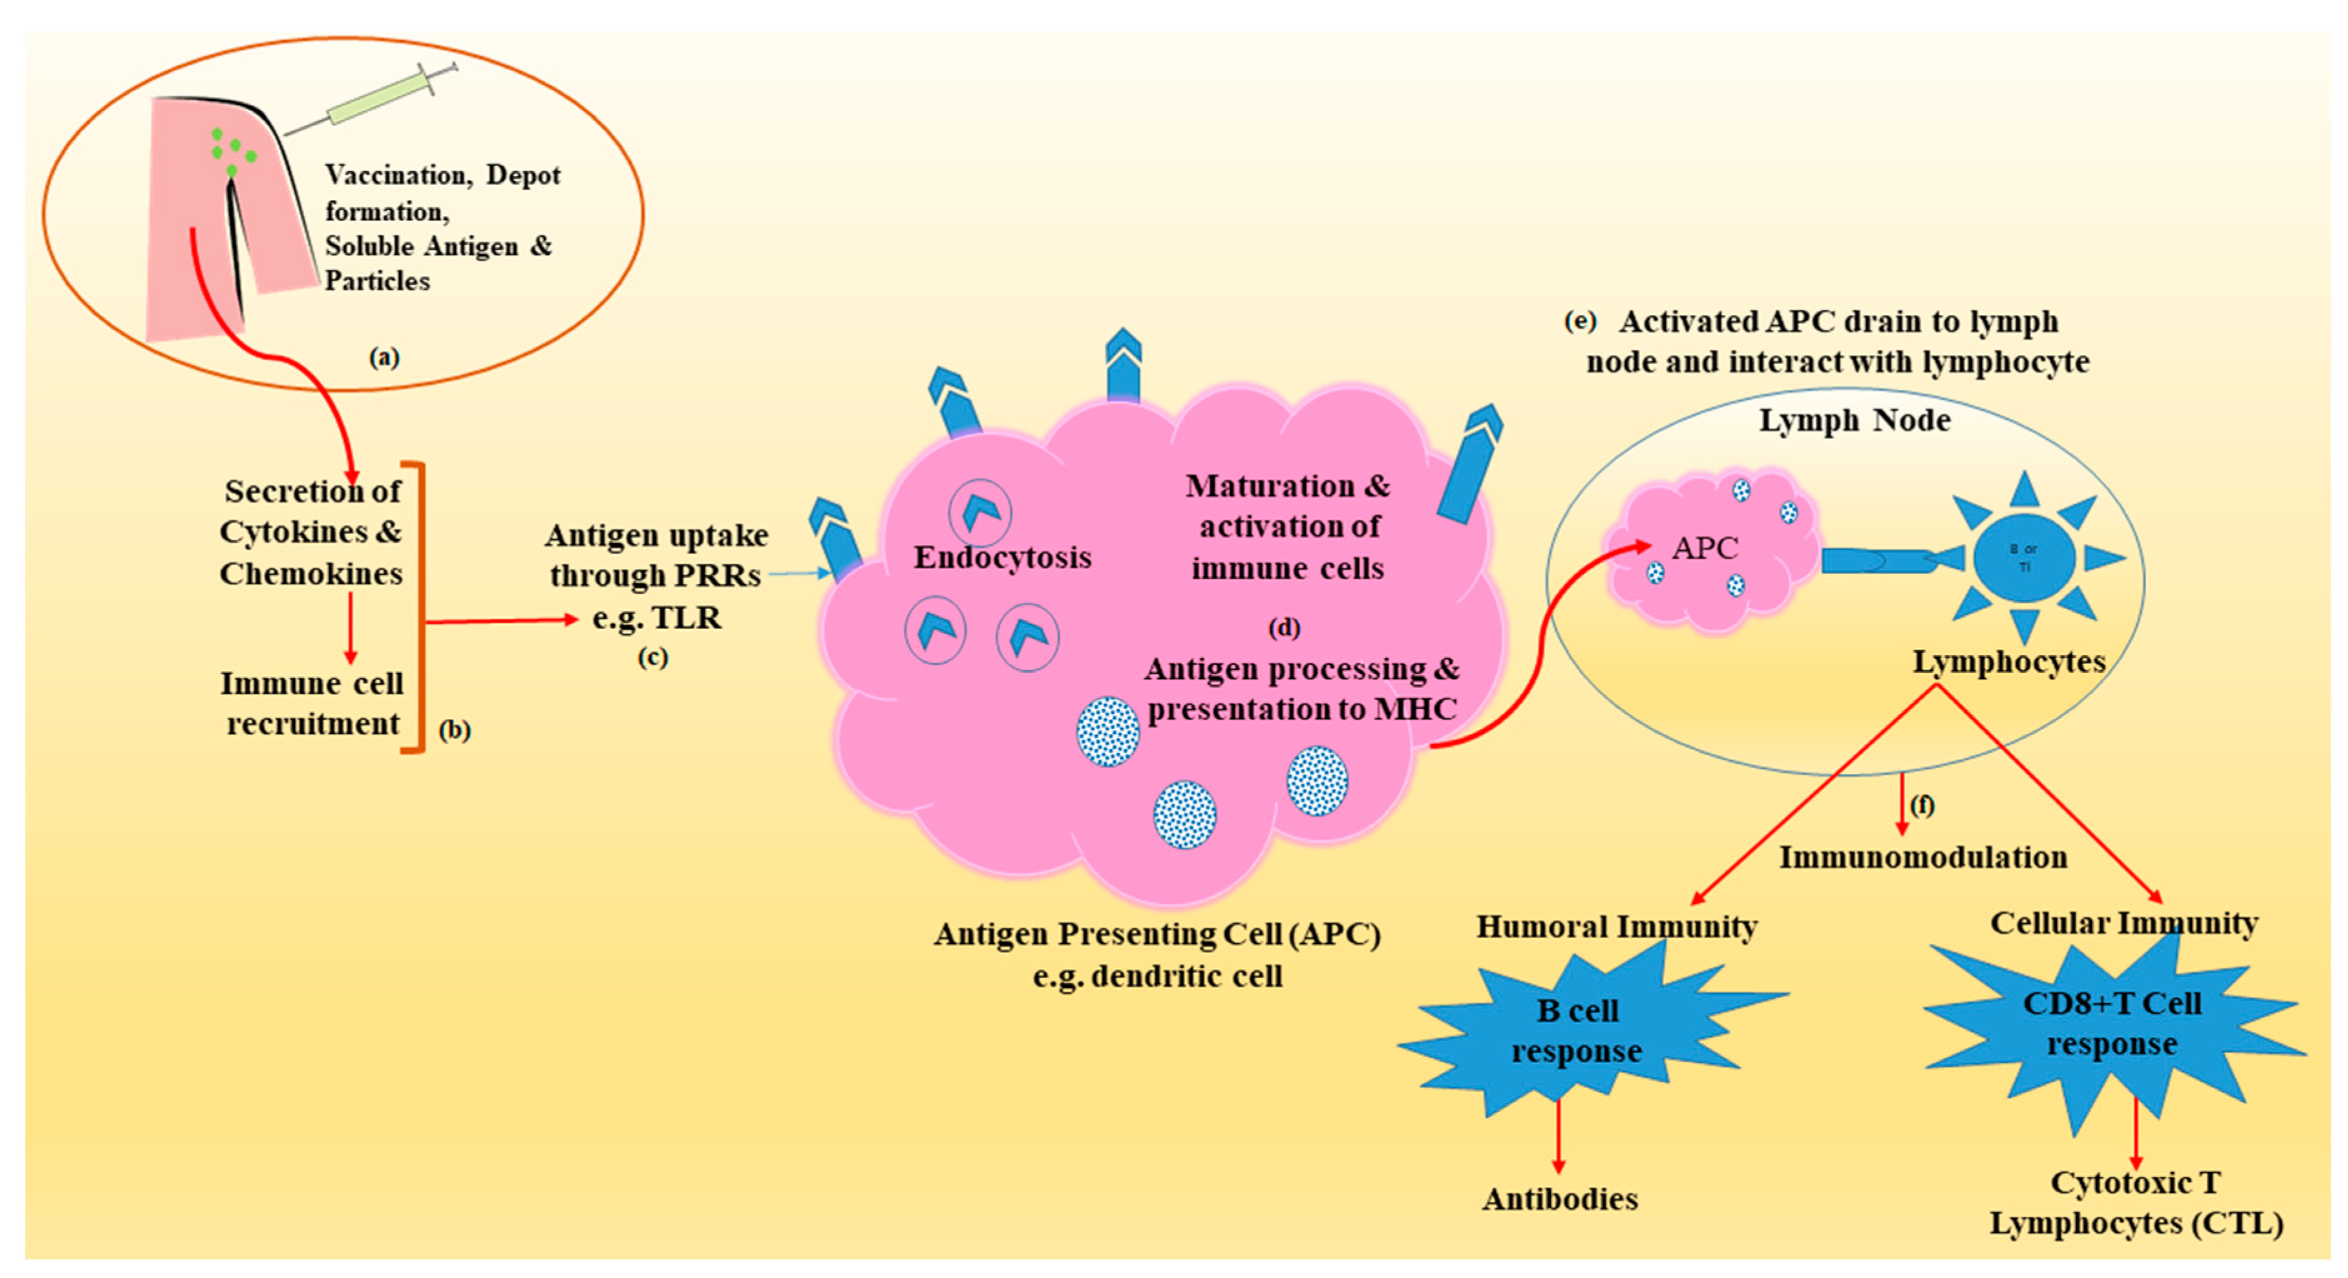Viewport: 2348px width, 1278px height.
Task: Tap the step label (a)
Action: [x=384, y=357]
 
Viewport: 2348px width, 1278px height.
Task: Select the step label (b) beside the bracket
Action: [x=455, y=730]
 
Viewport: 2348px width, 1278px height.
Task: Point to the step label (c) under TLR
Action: [x=653, y=657]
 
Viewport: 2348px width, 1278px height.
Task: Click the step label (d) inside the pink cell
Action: [x=1285, y=628]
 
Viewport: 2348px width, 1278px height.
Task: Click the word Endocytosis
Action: [x=1003, y=557]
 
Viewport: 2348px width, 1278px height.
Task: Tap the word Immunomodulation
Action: [x=1923, y=858]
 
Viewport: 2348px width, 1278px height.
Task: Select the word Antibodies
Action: [x=1560, y=1199]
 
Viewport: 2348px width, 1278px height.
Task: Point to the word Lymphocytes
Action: [x=2009, y=661]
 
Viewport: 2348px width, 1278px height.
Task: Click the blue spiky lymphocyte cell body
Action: [x=2024, y=557]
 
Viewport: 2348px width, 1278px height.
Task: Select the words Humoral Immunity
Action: [x=1617, y=927]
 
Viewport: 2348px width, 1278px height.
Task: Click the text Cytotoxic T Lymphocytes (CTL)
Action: [x=2136, y=1203]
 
